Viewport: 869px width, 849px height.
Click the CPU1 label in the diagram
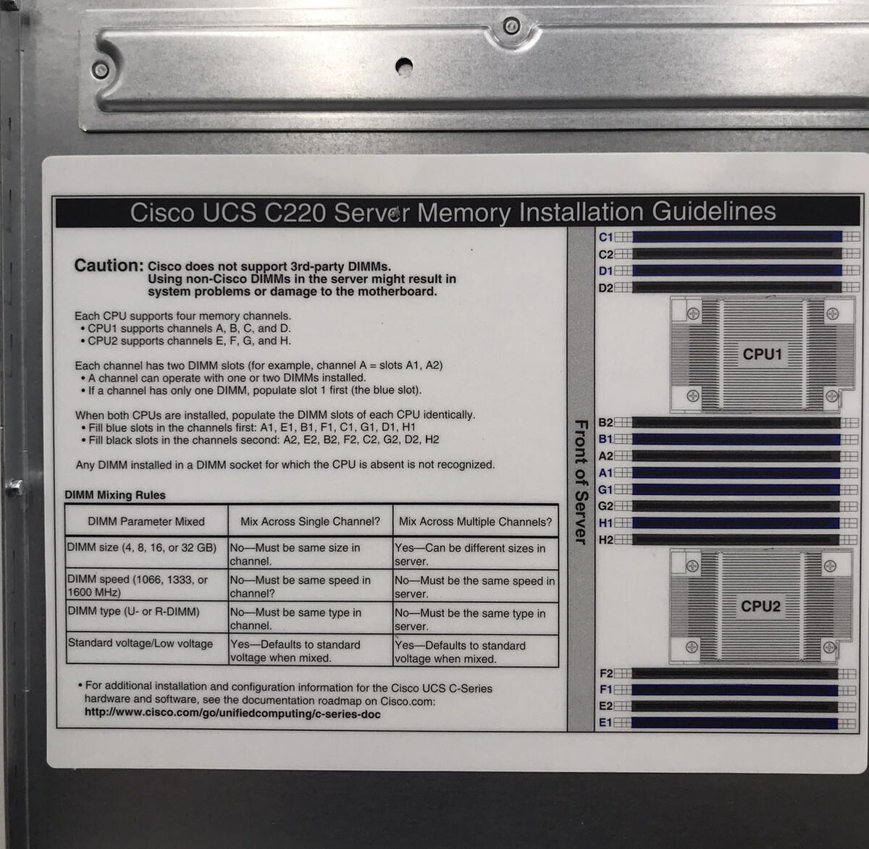(762, 355)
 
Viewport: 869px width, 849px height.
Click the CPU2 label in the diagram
(760, 607)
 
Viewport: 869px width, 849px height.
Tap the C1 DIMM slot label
(605, 237)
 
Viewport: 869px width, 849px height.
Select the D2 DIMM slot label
(605, 288)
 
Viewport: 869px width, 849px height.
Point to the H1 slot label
(605, 523)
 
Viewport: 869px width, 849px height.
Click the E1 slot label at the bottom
(605, 722)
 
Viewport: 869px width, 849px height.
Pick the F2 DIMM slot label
(605, 673)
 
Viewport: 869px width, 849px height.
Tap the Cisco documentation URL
(232, 714)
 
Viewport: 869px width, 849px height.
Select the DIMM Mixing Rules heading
(115, 495)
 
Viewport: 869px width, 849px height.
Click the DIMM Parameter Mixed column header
(146, 522)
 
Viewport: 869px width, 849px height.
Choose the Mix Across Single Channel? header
(310, 522)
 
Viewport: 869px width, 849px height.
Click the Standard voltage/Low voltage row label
(140, 643)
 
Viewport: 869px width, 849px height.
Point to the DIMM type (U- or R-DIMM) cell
(133, 612)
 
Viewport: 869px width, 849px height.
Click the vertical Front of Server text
(579, 481)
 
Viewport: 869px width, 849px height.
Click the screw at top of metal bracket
(512, 27)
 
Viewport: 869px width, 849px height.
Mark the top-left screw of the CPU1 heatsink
(693, 313)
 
